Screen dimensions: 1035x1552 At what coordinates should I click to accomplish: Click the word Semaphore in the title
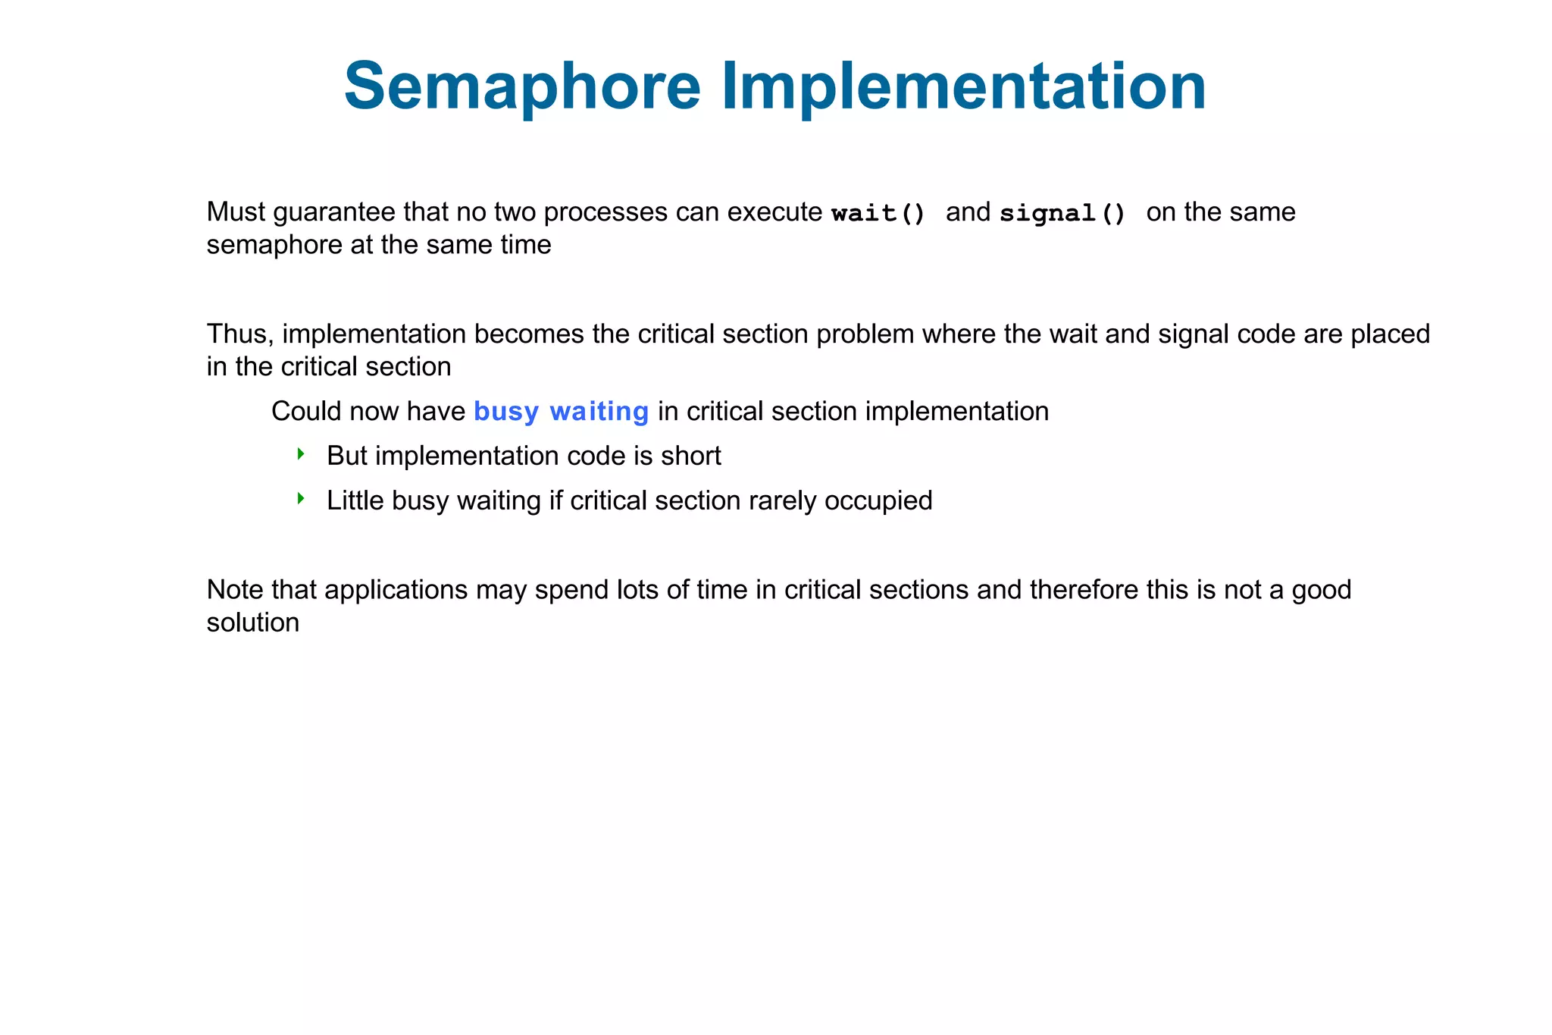pyautogui.click(x=522, y=86)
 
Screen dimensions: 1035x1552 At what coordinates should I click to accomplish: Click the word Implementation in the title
pyautogui.click(x=963, y=86)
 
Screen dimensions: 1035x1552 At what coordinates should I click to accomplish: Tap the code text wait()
pyautogui.click(x=878, y=213)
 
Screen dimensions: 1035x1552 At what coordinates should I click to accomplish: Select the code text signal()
pyautogui.click(x=1062, y=213)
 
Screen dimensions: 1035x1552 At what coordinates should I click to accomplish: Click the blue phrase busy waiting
pyautogui.click(x=561, y=411)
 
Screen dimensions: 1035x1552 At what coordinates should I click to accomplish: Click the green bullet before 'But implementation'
pyautogui.click(x=301, y=454)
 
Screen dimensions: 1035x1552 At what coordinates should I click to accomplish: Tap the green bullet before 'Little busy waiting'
pyautogui.click(x=301, y=499)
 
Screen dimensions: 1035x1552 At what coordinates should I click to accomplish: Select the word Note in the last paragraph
pyautogui.click(x=235, y=589)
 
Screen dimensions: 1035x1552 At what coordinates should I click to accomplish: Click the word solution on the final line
pyautogui.click(x=252, y=623)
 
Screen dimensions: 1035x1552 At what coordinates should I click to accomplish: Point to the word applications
pyautogui.click(x=396, y=590)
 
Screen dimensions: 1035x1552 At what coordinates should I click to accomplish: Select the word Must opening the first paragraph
pyautogui.click(x=236, y=212)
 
